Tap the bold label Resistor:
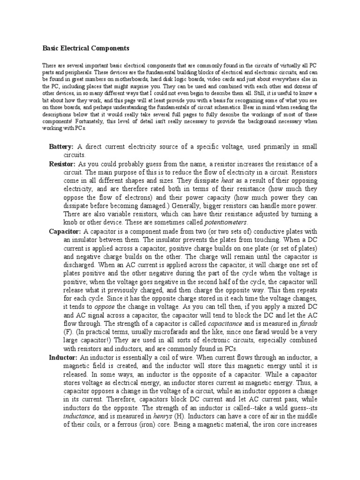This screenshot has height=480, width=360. (62, 164)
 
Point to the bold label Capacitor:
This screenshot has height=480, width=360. (65, 232)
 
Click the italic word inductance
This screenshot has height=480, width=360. (79, 417)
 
